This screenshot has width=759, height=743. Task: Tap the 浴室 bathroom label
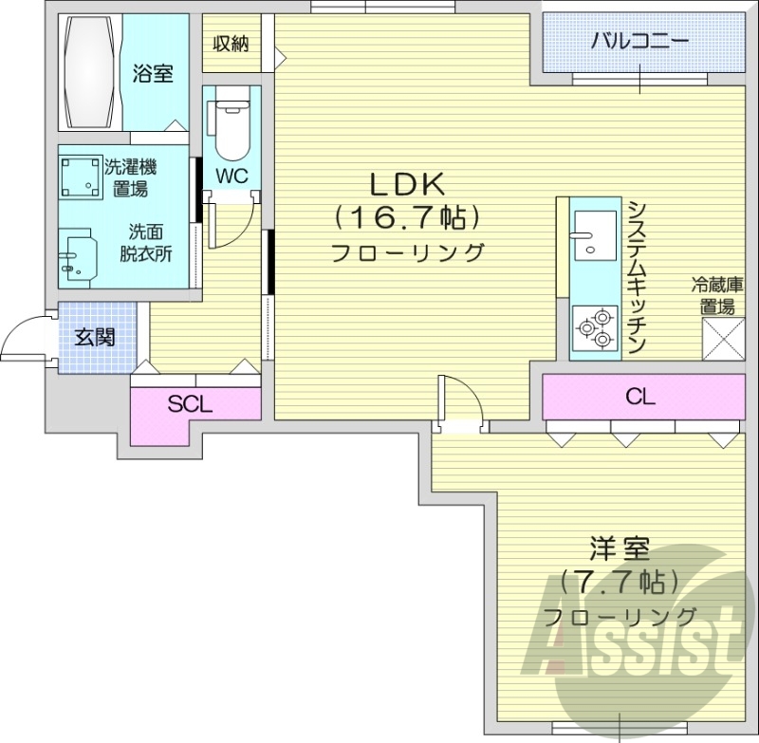153,72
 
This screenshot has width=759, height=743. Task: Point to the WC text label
231,176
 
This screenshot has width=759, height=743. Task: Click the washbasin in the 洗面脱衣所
78,255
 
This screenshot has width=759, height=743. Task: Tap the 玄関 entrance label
95,337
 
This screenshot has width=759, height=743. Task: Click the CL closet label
641,397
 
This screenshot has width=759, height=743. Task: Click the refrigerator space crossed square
722,339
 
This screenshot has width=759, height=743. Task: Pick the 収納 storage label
230,43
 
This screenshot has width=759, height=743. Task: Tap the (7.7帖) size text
619,580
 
